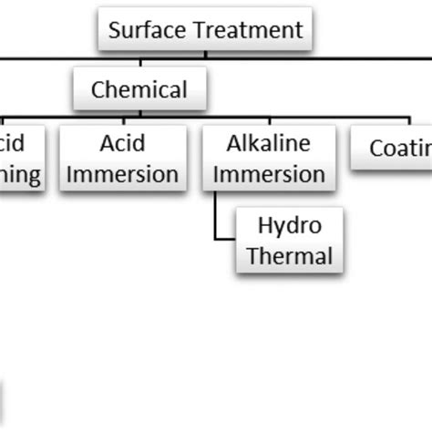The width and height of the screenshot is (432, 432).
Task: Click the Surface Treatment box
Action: click(205, 29)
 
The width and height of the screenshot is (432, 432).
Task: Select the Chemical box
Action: click(139, 89)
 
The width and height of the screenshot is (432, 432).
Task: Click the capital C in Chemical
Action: click(98, 89)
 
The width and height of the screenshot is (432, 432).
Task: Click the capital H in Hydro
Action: click(265, 224)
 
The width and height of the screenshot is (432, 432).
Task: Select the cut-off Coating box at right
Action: click(392, 149)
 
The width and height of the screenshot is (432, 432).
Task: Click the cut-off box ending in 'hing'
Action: click(20, 159)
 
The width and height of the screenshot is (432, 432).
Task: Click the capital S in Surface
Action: click(114, 29)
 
